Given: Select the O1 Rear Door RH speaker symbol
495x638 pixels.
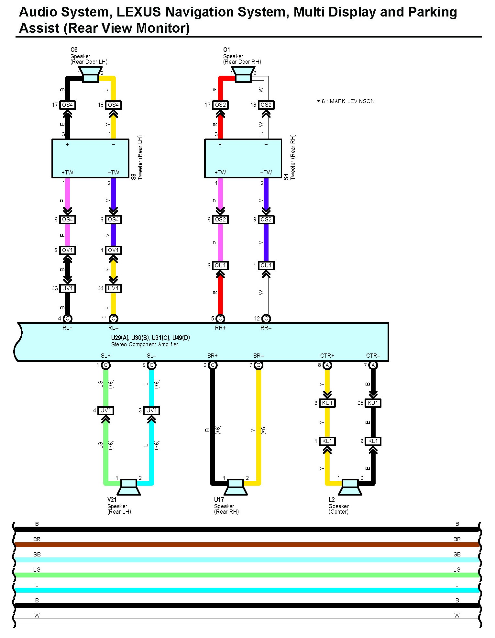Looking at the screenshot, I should click(x=243, y=75).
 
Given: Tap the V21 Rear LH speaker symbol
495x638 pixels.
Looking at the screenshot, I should click(x=128, y=487).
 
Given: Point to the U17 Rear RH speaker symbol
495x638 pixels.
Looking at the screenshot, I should click(x=236, y=487).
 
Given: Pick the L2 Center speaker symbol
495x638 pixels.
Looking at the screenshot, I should click(x=350, y=487).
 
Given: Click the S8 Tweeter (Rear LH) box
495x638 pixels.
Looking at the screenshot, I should click(x=90, y=158).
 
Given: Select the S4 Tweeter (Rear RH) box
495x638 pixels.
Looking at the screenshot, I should click(x=243, y=158).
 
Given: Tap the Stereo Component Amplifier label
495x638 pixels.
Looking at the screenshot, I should click(x=145, y=344).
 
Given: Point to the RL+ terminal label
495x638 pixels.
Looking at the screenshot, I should click(x=67, y=328).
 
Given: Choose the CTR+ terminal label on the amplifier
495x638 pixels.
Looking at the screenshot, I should click(x=327, y=356).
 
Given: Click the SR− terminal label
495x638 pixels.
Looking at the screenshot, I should click(x=258, y=356).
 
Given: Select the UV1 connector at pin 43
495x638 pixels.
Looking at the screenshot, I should click(x=67, y=288).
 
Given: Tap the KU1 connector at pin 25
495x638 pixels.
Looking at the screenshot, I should click(x=373, y=403).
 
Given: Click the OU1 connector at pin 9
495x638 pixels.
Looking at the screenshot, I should click(x=220, y=265).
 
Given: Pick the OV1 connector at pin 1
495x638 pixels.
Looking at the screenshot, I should click(x=113, y=250).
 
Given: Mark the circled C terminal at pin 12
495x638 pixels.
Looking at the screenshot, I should click(x=266, y=319).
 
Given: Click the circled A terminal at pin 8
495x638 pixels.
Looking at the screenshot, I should click(x=327, y=365).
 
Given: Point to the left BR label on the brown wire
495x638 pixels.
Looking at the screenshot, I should click(x=37, y=539).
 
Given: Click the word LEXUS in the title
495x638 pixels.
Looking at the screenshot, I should click(x=138, y=12).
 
